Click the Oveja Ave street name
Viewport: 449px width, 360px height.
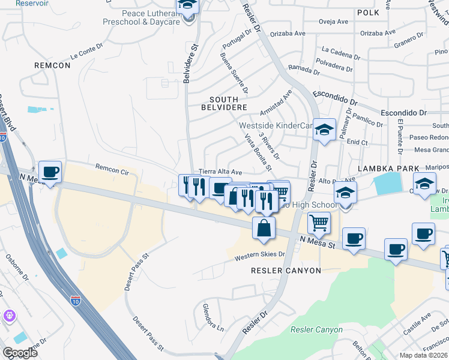(334, 22)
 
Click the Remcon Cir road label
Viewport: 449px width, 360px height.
(113, 168)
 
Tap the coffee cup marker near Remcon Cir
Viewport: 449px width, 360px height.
(50, 172)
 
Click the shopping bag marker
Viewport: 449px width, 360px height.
(263, 228)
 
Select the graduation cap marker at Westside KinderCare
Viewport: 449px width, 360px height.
(324, 130)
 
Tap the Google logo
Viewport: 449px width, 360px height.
(20, 353)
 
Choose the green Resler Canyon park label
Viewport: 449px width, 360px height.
(316, 329)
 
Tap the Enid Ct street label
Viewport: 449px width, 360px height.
(357, 142)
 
